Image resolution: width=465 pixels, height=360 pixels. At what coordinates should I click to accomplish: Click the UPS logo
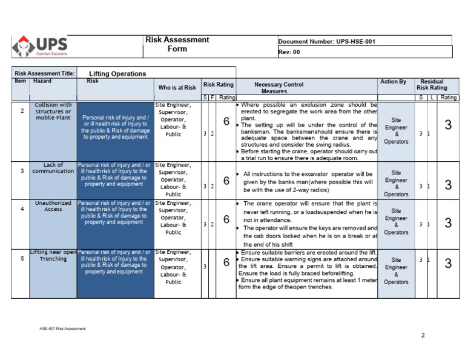pyautogui.click(x=41, y=46)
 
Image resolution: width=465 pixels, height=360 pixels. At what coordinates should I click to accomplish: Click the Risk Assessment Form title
pyautogui.click(x=177, y=44)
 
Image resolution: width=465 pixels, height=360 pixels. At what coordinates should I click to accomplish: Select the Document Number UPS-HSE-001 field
pyautogui.click(x=327, y=42)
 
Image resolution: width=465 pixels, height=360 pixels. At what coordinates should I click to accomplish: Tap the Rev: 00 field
pyautogui.click(x=289, y=52)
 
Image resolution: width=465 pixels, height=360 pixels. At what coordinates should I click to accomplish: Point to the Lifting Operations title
pyautogui.click(x=117, y=74)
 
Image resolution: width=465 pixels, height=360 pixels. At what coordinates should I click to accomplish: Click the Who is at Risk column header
pyautogui.click(x=177, y=88)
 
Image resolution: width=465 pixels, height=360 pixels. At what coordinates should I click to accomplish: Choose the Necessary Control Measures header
pyautogui.click(x=279, y=88)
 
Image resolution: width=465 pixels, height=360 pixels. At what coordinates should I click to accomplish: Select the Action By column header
pyautogui.click(x=394, y=82)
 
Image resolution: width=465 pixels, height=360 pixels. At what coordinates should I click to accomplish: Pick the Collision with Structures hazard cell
pyautogui.click(x=53, y=111)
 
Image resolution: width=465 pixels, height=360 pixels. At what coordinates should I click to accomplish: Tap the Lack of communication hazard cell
pyautogui.click(x=53, y=168)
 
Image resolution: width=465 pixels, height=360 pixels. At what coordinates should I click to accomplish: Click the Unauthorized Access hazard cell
pyautogui.click(x=53, y=206)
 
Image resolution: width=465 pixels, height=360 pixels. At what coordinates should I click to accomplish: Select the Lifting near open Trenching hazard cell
pyautogui.click(x=53, y=255)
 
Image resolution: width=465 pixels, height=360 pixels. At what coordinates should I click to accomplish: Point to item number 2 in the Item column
pyautogui.click(x=22, y=111)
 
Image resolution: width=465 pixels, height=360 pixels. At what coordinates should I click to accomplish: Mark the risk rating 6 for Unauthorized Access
pyautogui.click(x=226, y=224)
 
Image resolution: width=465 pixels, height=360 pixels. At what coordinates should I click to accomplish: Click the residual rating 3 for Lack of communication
pyautogui.click(x=448, y=185)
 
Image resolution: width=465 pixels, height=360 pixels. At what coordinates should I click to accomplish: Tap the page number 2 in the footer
pyautogui.click(x=423, y=335)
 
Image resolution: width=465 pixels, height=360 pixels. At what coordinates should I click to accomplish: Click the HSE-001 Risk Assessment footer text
pyautogui.click(x=63, y=328)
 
